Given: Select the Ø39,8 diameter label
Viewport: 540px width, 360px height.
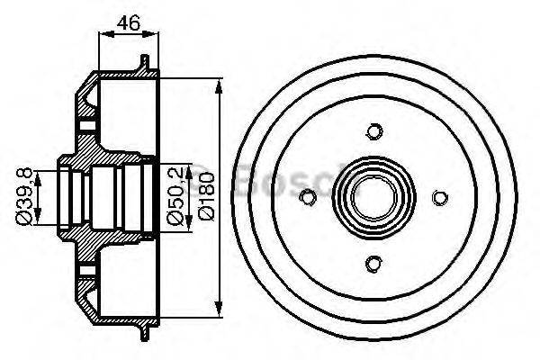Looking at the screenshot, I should (x=28, y=195).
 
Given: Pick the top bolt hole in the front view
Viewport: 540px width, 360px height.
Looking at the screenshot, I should (x=373, y=132).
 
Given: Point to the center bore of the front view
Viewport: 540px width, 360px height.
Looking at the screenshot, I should (x=373, y=197).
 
